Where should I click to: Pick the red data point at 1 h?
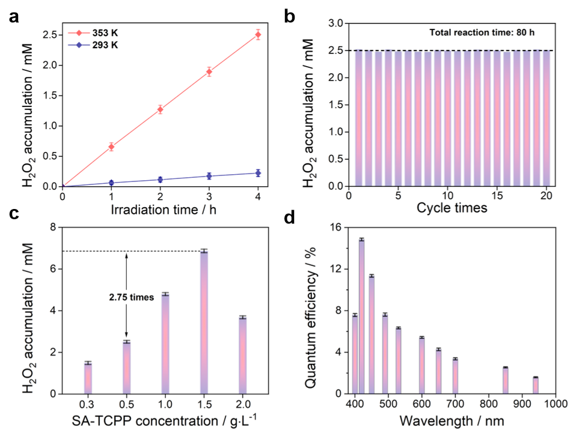[112, 146]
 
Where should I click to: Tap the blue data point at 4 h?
[258, 173]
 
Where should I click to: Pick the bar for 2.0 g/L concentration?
[242, 354]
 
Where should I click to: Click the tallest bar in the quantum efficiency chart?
[362, 316]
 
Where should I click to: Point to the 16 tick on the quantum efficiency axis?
[337, 228]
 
